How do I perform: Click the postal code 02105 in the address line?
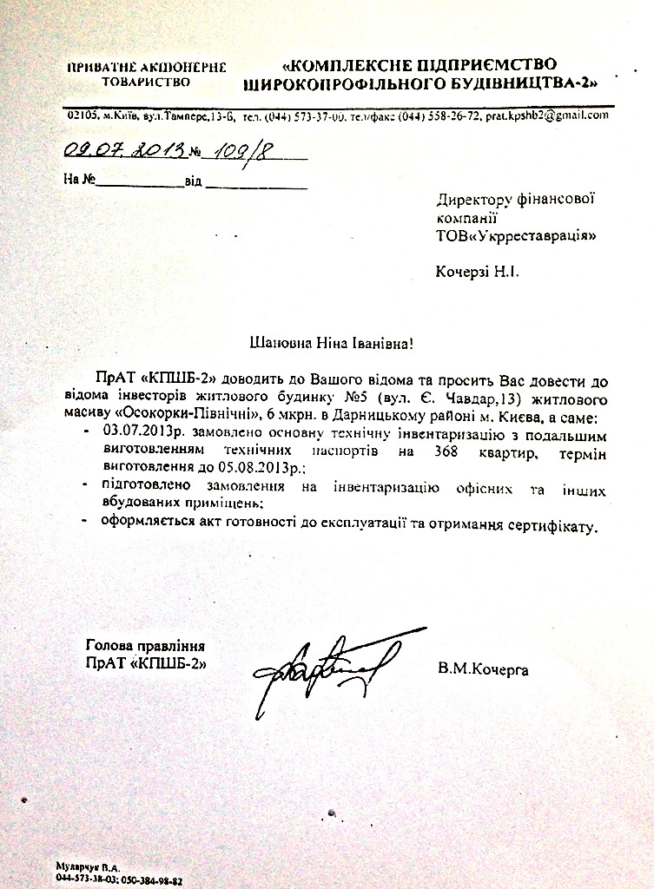pos(82,116)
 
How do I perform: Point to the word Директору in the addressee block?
pos(473,199)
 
